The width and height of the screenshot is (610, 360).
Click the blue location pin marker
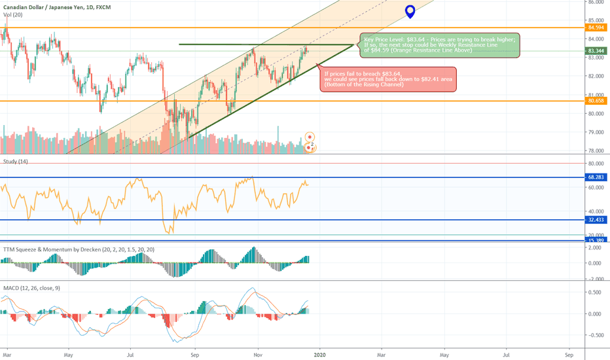tap(410, 11)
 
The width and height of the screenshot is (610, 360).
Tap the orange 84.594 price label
tap(596, 27)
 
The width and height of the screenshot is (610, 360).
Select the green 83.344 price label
tap(596, 50)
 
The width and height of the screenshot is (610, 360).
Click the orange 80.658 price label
tap(596, 101)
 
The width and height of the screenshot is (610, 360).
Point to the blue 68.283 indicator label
tap(596, 177)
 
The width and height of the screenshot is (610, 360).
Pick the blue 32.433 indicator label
tap(596, 220)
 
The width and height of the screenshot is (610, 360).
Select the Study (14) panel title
tap(16, 161)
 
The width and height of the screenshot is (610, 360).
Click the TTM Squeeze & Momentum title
tap(79, 249)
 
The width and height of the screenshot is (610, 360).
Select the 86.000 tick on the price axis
tap(596, 2)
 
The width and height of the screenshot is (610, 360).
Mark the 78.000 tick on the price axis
tap(596, 151)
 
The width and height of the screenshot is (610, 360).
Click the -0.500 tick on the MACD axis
tap(596, 335)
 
